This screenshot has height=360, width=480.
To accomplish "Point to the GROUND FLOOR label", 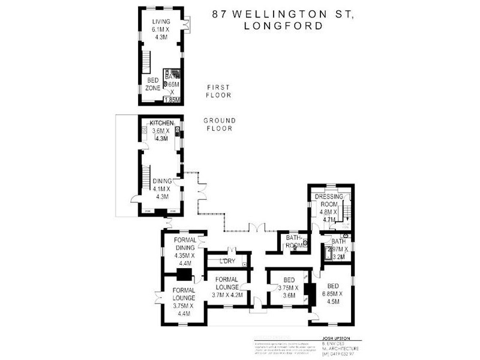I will coord(219,124).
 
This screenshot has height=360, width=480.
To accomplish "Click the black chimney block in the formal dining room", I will coord(185,275).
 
